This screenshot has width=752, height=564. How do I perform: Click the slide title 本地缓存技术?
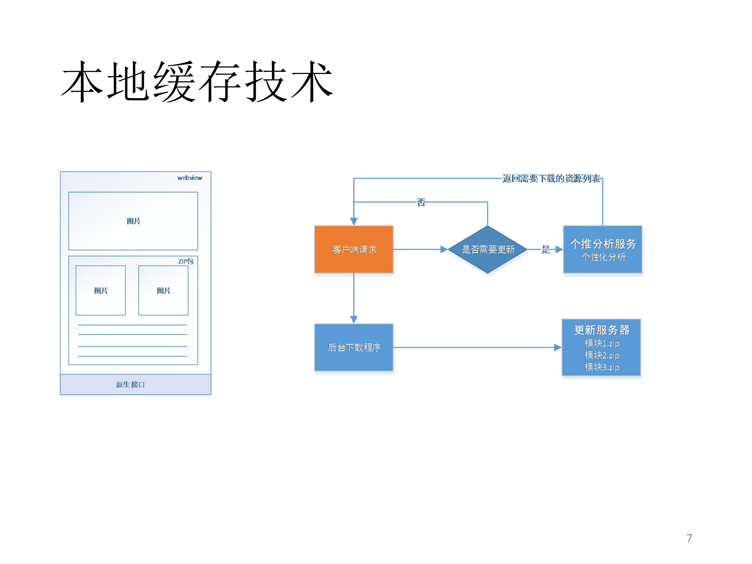(197, 82)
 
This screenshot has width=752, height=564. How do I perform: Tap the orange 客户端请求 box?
(354, 249)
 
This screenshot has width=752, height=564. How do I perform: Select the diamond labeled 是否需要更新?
(487, 249)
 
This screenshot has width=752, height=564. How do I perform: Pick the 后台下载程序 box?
(354, 347)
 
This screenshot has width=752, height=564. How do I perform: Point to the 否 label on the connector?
(421, 202)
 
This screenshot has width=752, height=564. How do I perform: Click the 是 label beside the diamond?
(546, 249)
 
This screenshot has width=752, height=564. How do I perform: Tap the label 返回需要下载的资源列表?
(551, 178)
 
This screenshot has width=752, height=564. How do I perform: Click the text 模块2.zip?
(602, 355)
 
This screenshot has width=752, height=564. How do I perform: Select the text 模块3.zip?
(602, 367)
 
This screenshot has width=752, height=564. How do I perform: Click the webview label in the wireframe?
(190, 178)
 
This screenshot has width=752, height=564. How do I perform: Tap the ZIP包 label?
(186, 261)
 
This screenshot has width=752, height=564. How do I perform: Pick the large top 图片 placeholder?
(133, 221)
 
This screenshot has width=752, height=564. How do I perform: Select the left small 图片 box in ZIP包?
(101, 290)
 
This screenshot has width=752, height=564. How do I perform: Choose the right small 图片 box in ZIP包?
(163, 290)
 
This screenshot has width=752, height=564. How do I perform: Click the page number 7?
(689, 538)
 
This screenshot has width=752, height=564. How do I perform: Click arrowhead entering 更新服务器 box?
(558, 347)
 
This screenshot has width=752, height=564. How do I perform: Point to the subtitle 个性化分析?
(603, 257)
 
